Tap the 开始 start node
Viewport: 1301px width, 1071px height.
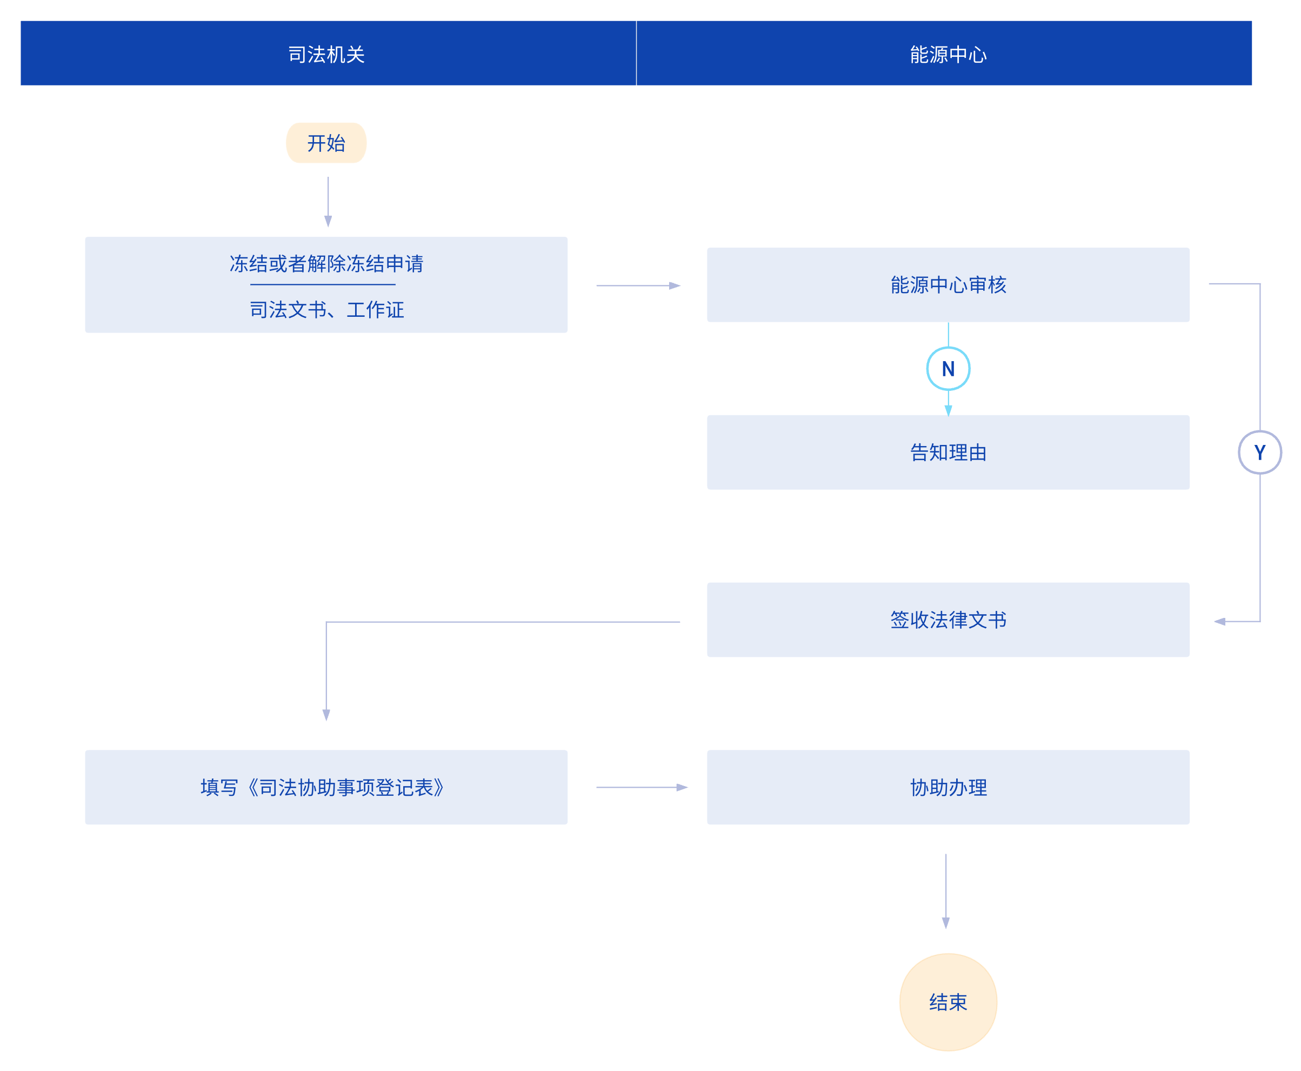(x=326, y=143)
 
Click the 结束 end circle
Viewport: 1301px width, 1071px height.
(x=948, y=1002)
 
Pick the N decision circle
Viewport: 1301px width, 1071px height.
(x=948, y=369)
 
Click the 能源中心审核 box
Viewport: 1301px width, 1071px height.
(x=948, y=284)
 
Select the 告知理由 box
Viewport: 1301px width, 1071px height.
(x=948, y=452)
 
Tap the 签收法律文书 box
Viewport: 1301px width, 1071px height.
(x=948, y=620)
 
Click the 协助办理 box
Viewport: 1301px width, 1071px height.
(x=948, y=787)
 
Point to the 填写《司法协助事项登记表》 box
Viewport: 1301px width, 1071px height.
(x=326, y=787)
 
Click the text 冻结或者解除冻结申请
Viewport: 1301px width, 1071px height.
(x=326, y=263)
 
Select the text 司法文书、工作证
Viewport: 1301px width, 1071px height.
(x=326, y=309)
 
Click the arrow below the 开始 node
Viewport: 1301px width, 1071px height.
(x=328, y=202)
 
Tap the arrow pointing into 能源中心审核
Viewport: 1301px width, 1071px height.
(x=638, y=285)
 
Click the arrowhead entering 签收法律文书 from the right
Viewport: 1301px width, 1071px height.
(x=1219, y=621)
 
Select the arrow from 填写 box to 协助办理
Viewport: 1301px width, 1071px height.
(x=642, y=787)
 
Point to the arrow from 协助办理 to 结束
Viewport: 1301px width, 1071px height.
(x=946, y=892)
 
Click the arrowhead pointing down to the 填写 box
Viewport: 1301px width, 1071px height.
(x=326, y=715)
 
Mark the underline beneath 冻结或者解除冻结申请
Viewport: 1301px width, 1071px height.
(x=323, y=284)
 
